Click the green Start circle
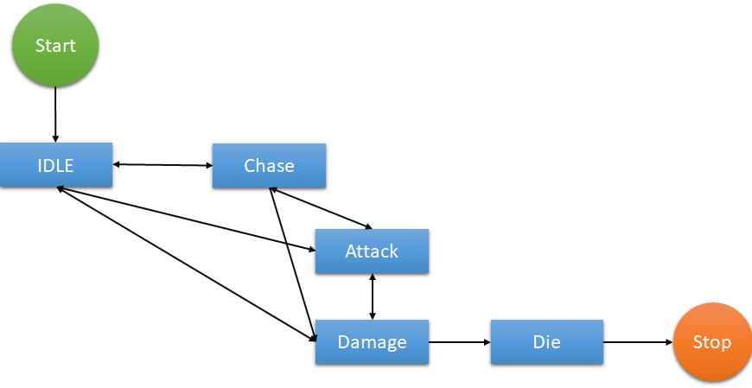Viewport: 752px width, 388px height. (55, 46)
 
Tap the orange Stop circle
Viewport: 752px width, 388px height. (711, 342)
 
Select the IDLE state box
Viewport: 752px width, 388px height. (56, 165)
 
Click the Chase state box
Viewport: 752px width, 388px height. (269, 165)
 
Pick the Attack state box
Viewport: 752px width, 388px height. (372, 251)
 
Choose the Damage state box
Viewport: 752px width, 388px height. (372, 342)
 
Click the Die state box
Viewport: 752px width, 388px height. (546, 342)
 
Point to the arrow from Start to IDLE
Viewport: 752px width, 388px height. (55, 112)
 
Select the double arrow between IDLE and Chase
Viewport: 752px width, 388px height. (163, 164)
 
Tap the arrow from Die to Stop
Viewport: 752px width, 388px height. (638, 342)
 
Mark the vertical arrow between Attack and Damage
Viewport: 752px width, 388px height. (372, 296)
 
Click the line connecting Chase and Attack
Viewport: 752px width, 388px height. (322, 208)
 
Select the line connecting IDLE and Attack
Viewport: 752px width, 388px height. (186, 219)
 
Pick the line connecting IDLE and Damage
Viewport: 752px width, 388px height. (186, 263)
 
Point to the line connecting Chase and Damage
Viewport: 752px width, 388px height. (292, 262)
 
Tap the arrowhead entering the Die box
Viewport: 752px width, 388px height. (486, 342)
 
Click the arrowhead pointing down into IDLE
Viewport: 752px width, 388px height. (55, 138)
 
